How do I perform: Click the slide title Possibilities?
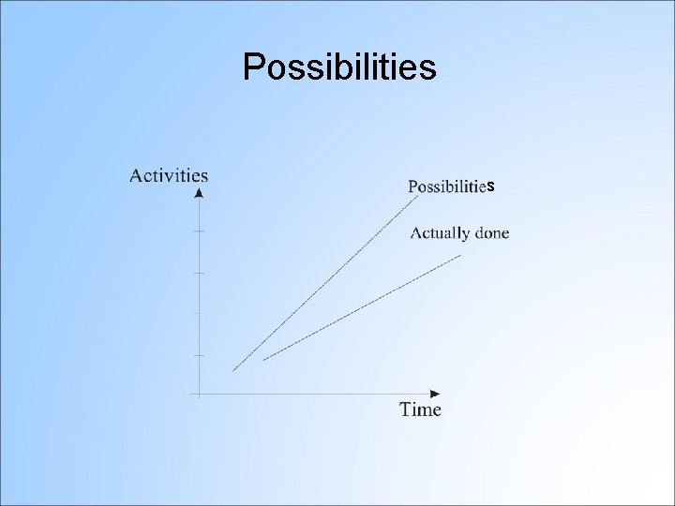339,67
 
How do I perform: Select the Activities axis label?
169,175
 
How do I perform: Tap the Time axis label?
420,409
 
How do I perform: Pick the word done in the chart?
492,233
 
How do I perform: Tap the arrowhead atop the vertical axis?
199,193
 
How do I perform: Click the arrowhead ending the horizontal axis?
435,394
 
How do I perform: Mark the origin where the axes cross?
199,394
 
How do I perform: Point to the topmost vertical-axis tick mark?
199,231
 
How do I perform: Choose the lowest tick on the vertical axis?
199,355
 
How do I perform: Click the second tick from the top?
199,273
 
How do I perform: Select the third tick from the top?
199,313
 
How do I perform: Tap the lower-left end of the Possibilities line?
234,370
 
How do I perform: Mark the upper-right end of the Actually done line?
460,255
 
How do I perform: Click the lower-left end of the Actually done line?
264,360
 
